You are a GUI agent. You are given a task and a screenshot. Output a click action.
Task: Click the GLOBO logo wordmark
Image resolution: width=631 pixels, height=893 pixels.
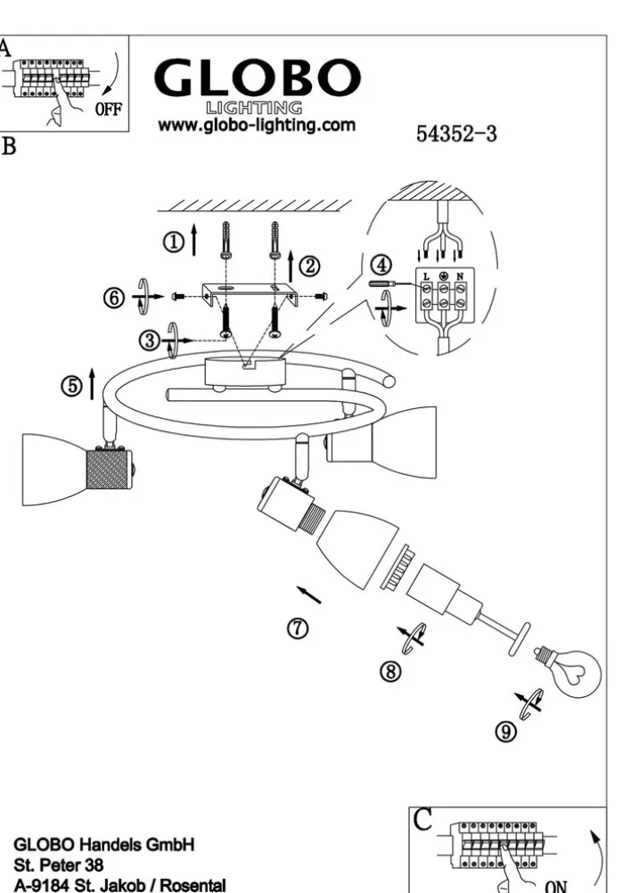click(253, 78)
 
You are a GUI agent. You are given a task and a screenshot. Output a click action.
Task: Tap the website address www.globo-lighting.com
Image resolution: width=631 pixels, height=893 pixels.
click(257, 126)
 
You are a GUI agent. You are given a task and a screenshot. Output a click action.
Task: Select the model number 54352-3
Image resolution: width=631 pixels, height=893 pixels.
click(456, 134)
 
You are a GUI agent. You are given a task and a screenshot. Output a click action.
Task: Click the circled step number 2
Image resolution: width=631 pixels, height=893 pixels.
click(310, 264)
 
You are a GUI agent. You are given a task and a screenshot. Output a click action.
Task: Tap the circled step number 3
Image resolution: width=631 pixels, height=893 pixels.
click(150, 339)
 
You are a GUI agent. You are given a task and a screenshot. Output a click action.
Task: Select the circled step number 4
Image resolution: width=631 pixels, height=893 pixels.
click(381, 264)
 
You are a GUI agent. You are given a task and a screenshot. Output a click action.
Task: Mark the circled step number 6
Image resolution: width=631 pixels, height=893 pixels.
click(113, 298)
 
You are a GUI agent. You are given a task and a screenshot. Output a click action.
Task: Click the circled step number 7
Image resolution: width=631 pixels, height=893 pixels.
click(299, 627)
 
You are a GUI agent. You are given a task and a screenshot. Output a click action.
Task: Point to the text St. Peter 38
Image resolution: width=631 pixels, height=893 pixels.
click(55, 864)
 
